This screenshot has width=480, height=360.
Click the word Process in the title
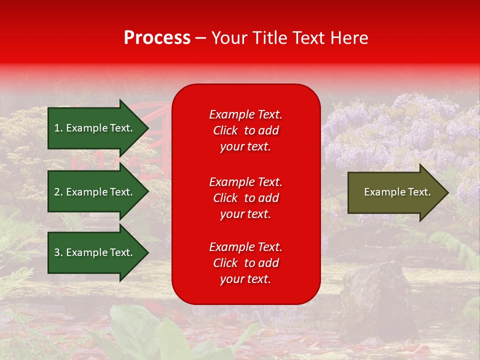pos(157,38)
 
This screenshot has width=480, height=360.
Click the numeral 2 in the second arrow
pos(57,192)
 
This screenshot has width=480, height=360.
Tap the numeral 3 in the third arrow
pos(57,252)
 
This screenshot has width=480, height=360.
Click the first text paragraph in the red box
pos(245,130)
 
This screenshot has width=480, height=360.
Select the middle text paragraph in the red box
pos(245,198)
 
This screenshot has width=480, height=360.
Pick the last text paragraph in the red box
pos(245,263)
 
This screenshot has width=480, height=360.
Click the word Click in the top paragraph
pos(225,130)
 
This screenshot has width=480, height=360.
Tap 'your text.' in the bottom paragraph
pos(245,279)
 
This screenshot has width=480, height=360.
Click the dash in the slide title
pos(200,38)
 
